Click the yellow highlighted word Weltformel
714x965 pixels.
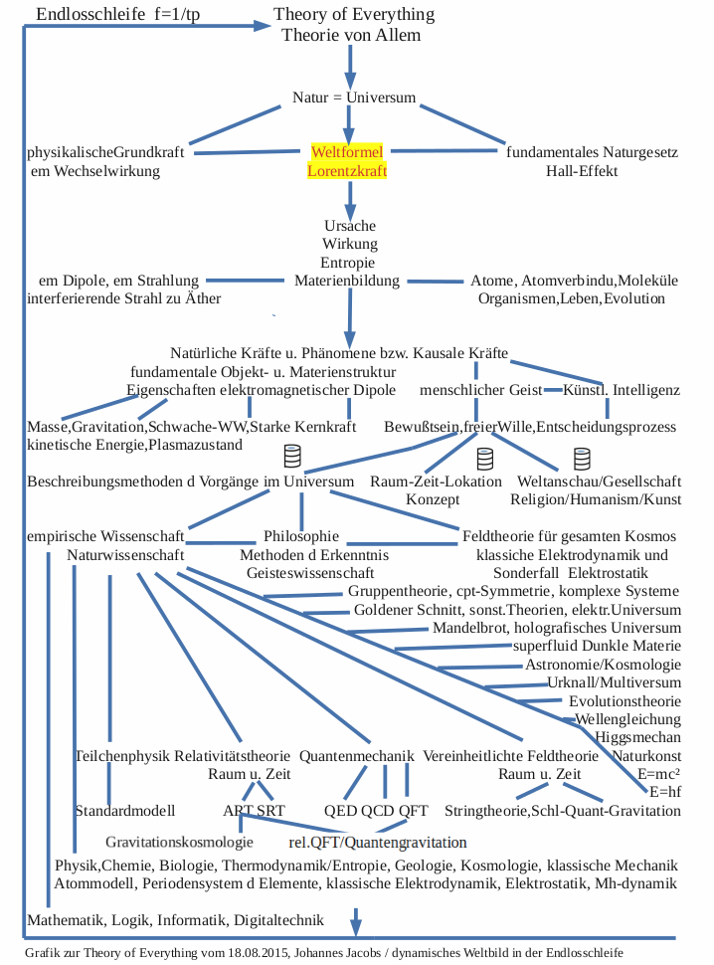[347, 153]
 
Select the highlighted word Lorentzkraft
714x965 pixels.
[347, 171]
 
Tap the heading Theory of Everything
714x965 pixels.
[354, 15]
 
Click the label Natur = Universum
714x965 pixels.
[354, 97]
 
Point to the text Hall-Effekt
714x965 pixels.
[582, 171]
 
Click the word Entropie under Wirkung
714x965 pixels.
[348, 263]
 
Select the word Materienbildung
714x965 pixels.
[347, 281]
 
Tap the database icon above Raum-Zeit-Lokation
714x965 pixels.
[484, 459]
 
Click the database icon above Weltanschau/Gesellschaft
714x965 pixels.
[582, 459]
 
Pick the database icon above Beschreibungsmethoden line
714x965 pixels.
[292, 457]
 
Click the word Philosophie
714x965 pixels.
[301, 536]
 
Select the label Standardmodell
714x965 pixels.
[125, 810]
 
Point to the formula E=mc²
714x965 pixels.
[658, 774]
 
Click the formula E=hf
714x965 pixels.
[664, 792]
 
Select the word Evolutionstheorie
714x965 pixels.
[625, 700]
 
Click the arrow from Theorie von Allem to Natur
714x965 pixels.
[349, 66]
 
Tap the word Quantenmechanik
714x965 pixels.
[356, 755]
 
